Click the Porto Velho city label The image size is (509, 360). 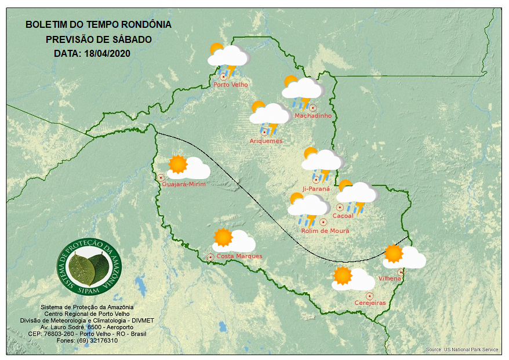click(x=231, y=85)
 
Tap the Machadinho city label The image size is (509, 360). click(x=313, y=116)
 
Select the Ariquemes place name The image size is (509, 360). click(x=266, y=141)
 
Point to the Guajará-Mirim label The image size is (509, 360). click(x=184, y=184)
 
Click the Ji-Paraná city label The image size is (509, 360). click(x=316, y=188)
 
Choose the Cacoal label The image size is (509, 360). click(x=343, y=216)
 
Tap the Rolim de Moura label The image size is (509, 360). click(x=325, y=231)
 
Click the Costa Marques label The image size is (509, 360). click(x=239, y=256)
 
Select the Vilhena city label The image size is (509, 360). click(x=390, y=279)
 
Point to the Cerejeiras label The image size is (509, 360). click(x=370, y=303)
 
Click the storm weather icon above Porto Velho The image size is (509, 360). click(x=228, y=59)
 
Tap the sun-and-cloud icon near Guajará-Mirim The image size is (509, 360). click(x=188, y=167)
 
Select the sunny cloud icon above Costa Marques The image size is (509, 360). click(x=234, y=240)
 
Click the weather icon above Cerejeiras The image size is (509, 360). click(x=352, y=278)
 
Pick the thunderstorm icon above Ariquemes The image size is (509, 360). click(x=270, y=117)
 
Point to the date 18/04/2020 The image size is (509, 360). click(x=107, y=53)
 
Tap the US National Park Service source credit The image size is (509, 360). click(x=462, y=350)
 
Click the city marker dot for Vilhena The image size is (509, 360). click(x=400, y=272)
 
